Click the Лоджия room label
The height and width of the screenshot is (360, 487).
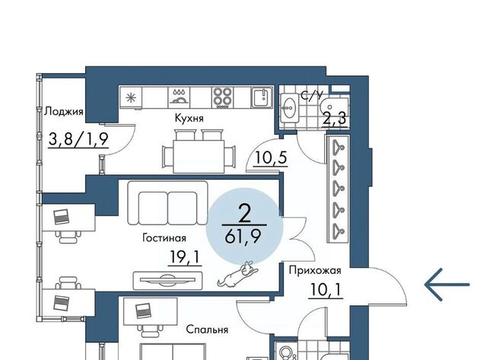[x=64, y=112]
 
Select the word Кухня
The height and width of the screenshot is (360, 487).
[x=189, y=118]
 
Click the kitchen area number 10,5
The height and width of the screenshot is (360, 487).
[x=270, y=158]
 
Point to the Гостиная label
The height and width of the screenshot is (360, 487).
[x=164, y=238]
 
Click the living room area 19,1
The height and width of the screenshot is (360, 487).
[x=185, y=257]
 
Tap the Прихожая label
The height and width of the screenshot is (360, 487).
[x=315, y=270]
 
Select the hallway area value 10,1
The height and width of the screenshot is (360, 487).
[x=326, y=290]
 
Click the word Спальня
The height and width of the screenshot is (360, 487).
[x=207, y=330]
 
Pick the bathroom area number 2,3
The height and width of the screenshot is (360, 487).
[x=334, y=118]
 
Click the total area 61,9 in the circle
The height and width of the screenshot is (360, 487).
[x=243, y=238]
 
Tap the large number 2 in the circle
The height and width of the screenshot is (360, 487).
[x=245, y=214]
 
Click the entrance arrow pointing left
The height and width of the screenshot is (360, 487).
[x=447, y=285]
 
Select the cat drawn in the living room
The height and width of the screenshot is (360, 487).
[x=238, y=274]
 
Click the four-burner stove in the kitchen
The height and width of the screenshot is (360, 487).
[x=222, y=97]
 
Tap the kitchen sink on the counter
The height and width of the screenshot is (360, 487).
[x=262, y=97]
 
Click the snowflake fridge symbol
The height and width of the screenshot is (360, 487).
[x=131, y=97]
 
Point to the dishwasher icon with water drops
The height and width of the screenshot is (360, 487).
[x=179, y=97]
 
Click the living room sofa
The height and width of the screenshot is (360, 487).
[x=167, y=202]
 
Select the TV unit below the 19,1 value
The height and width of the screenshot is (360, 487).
[x=167, y=281]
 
